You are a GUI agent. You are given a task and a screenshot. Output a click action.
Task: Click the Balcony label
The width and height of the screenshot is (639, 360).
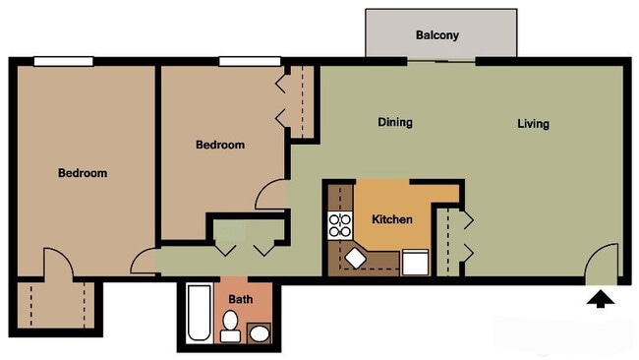[437, 35]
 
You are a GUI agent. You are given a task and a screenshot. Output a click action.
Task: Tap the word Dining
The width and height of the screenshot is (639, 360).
[395, 122]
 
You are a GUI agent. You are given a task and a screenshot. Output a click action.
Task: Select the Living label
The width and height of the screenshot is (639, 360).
[533, 124]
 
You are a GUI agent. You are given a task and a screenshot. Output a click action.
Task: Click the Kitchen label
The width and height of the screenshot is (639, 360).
[392, 219]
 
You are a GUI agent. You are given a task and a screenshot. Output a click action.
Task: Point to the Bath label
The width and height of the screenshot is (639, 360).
[241, 299]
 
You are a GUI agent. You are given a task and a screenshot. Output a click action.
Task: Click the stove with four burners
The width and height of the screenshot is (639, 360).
[340, 225]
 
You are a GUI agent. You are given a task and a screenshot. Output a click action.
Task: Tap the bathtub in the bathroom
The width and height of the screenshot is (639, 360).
[199, 313]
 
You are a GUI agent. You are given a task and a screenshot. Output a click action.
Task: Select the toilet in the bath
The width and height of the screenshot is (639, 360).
[230, 327]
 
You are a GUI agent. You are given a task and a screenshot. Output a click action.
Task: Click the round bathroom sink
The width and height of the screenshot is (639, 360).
[260, 333]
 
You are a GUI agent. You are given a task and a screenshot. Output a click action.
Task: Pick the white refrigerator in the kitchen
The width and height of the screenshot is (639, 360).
[415, 263]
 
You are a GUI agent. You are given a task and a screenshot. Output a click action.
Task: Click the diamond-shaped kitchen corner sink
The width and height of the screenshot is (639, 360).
[355, 258]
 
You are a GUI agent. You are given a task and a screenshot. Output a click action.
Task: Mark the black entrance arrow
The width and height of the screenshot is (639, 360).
[601, 299]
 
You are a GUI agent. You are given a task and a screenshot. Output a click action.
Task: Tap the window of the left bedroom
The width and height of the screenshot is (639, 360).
[64, 62]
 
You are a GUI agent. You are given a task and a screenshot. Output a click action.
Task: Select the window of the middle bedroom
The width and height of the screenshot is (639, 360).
[250, 62]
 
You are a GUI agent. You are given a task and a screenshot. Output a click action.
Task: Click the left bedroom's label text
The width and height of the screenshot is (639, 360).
[83, 173]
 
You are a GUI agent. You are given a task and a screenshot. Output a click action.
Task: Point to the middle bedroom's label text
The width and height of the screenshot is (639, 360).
[220, 145]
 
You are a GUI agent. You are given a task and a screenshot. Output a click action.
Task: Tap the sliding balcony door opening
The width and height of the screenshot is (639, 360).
[441, 62]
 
